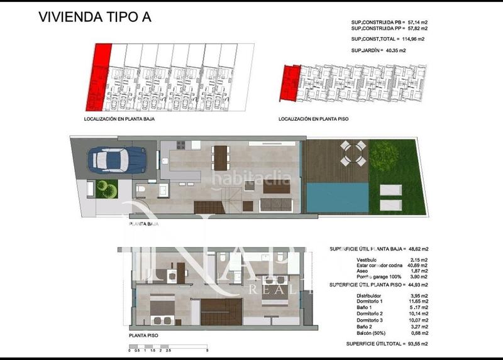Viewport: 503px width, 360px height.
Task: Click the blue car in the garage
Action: point(115,160)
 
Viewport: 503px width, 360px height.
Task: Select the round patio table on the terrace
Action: point(351,153)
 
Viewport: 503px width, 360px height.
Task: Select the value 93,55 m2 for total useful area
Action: point(414,344)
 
